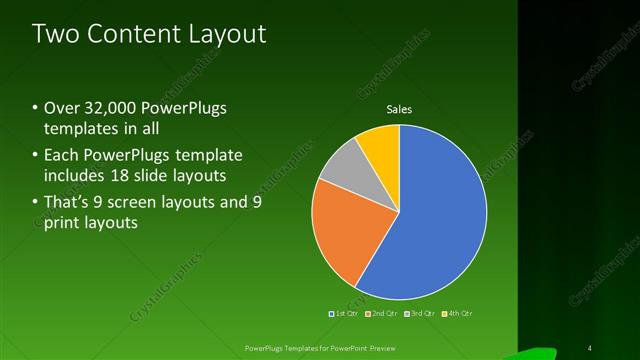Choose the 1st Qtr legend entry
point(344,313)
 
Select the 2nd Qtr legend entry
point(381,313)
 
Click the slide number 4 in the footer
point(590,348)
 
